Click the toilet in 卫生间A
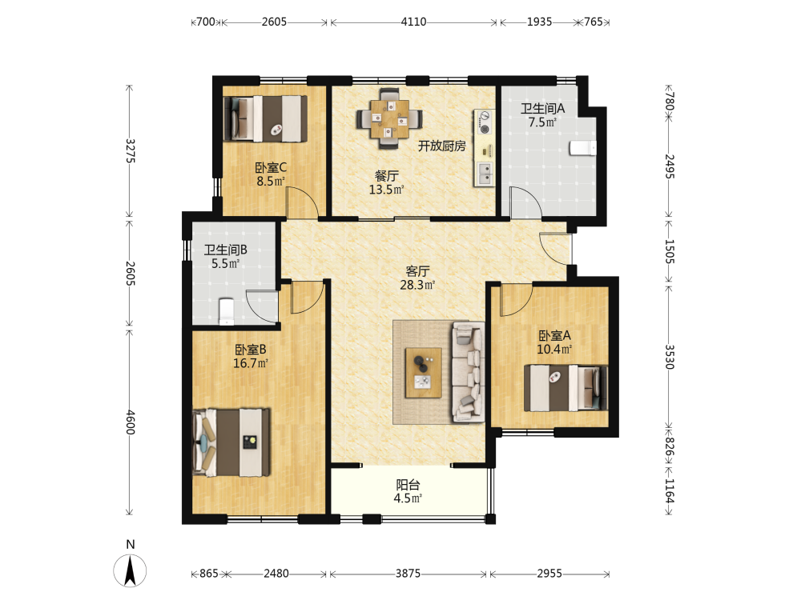[583, 147]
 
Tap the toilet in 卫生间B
[227, 312]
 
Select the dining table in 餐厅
[390, 119]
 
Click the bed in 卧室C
[266, 118]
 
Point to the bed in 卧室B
[231, 442]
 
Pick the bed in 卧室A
[566, 388]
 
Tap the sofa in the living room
[468, 372]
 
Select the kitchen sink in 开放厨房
[485, 174]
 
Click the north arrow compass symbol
[131, 569]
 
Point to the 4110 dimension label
[413, 22]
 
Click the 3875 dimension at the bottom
[409, 574]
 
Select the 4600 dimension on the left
[131, 422]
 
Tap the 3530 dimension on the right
[669, 357]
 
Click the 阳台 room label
[409, 485]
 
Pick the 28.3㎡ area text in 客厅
[417, 286]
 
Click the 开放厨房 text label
[442, 146]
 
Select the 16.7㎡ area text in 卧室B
[250, 363]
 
